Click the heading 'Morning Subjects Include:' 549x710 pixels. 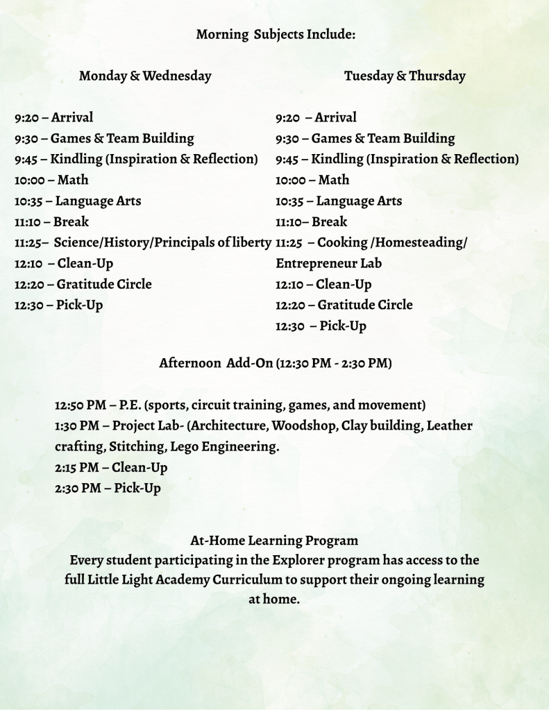point(276,34)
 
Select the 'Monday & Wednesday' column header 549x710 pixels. point(145,76)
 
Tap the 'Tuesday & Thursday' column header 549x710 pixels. point(405,76)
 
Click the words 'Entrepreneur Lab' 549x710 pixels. point(328,263)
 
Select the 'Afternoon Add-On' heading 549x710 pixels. point(215,362)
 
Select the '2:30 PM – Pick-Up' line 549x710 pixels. point(108,488)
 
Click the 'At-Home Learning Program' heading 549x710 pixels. point(274,540)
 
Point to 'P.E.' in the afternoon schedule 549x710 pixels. point(129,405)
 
